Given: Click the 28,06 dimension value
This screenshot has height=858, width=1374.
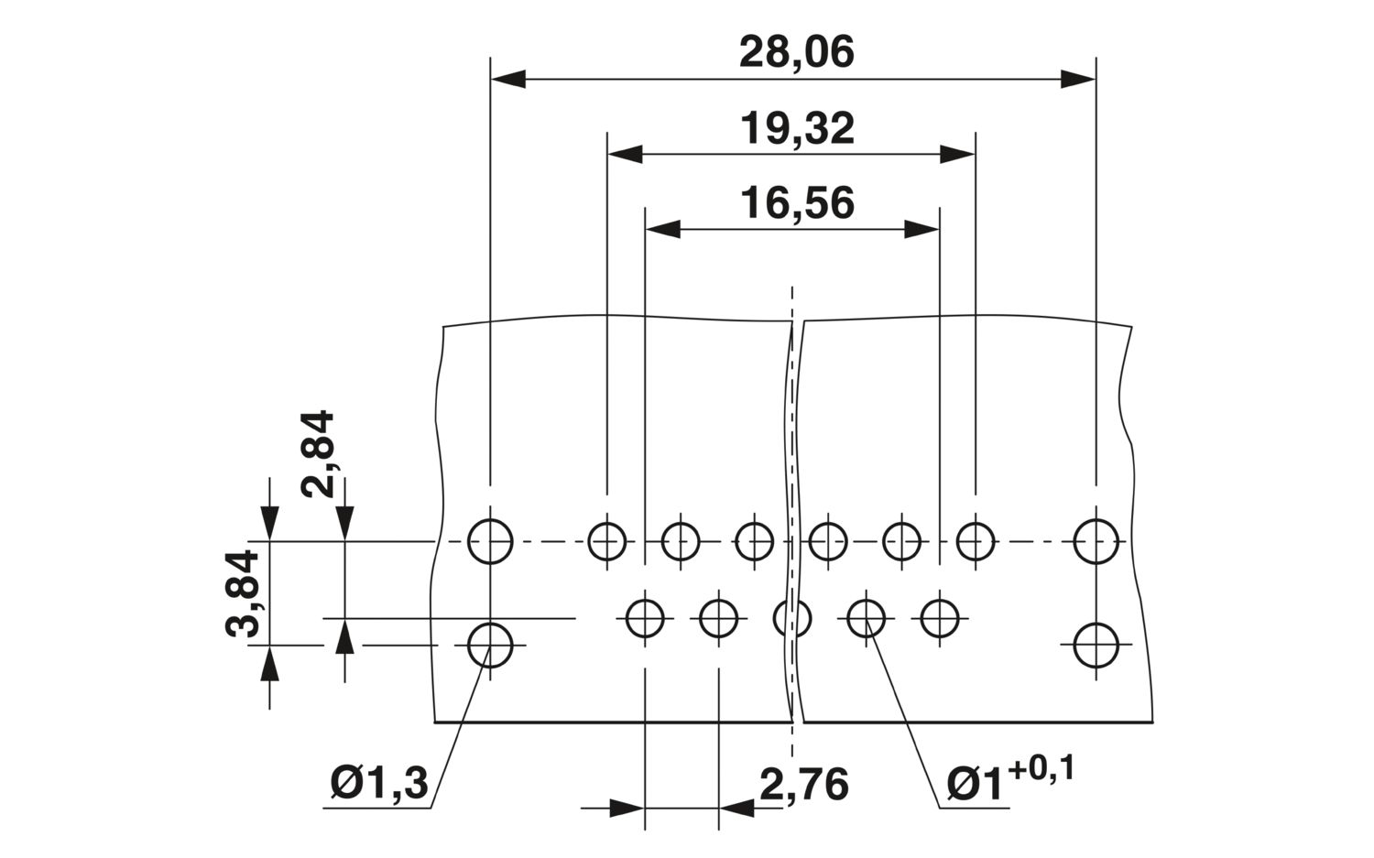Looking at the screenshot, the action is (x=796, y=53).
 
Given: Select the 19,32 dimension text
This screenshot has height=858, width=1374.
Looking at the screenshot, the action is (x=798, y=129).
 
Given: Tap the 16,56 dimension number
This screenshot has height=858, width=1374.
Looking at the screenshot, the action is (x=798, y=203).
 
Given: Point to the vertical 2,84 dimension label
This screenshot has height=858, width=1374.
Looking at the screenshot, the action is (x=318, y=454).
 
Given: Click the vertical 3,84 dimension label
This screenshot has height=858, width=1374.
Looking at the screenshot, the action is (x=243, y=593).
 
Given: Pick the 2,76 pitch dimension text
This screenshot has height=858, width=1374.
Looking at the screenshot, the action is (x=804, y=784).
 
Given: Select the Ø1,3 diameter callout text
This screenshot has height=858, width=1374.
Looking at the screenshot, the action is (x=379, y=783).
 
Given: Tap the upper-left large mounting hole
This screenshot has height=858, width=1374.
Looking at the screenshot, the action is (x=490, y=541).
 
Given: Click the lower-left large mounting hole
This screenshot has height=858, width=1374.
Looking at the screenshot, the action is (x=490, y=646).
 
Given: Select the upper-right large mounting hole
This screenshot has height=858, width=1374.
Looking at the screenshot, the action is (x=1096, y=541).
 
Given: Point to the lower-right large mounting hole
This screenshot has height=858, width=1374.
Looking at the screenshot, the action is (x=1096, y=646).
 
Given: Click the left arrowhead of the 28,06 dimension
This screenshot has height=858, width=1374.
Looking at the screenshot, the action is (x=507, y=79).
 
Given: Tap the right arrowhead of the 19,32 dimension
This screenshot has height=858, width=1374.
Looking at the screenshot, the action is (x=957, y=155).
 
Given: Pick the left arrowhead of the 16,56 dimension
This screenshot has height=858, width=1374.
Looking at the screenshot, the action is (x=663, y=229).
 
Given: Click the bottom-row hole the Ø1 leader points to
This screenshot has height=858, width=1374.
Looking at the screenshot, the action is (x=867, y=619).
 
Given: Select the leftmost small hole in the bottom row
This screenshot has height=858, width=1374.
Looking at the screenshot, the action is (x=645, y=619).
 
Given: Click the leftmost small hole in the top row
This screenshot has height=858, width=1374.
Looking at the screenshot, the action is (x=607, y=541).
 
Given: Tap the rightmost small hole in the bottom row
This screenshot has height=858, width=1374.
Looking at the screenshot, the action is (x=940, y=619).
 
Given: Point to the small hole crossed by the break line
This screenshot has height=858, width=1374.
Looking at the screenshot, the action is (x=792, y=619).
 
